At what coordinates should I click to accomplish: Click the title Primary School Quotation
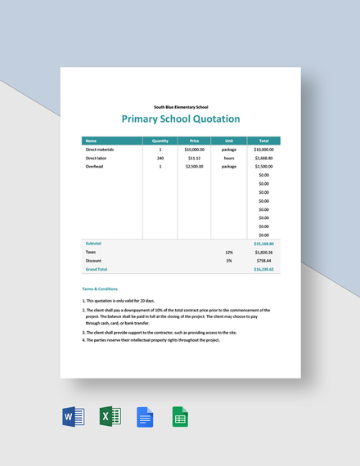click(181, 119)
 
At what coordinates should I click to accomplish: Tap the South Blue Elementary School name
click(181, 106)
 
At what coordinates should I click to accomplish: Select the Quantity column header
click(160, 141)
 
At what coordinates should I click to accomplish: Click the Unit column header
click(228, 141)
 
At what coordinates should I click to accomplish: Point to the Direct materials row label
click(100, 150)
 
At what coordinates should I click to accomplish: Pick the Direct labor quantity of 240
click(160, 158)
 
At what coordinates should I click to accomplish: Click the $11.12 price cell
click(194, 158)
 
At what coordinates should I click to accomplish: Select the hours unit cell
click(228, 158)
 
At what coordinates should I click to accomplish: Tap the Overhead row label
click(95, 167)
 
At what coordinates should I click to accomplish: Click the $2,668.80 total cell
click(263, 158)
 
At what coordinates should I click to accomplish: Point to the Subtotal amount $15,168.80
click(263, 244)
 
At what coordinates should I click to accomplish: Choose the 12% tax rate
click(229, 252)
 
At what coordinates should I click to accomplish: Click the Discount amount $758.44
click(263, 260)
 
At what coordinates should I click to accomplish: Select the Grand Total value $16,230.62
click(263, 269)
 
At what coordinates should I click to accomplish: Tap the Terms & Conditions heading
click(100, 289)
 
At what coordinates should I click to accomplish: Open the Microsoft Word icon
click(74, 417)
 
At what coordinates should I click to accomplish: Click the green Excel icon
click(110, 417)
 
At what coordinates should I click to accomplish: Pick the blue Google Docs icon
click(145, 417)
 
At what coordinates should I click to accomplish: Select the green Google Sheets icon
click(180, 417)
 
